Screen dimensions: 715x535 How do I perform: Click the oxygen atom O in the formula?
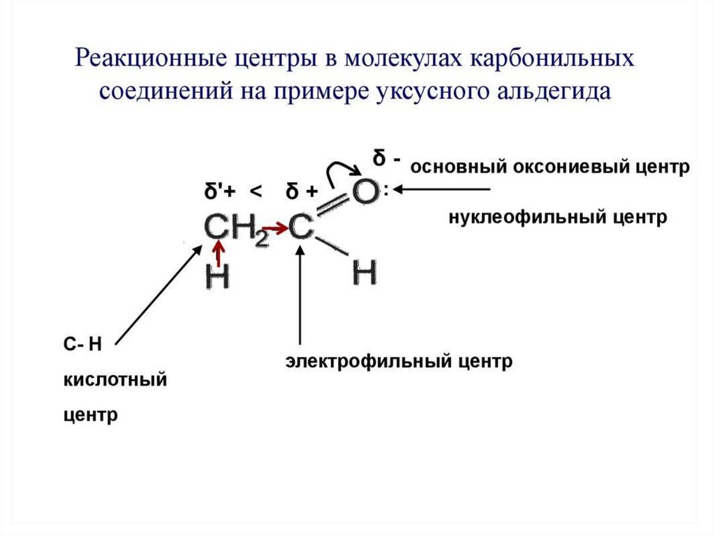click(x=365, y=191)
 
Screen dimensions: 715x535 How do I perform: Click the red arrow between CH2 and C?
click(x=277, y=227)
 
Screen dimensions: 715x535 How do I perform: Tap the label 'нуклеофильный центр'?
click(x=558, y=218)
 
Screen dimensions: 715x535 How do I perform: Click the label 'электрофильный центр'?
click(x=398, y=361)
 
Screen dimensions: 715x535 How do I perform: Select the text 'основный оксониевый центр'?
click(x=550, y=167)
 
